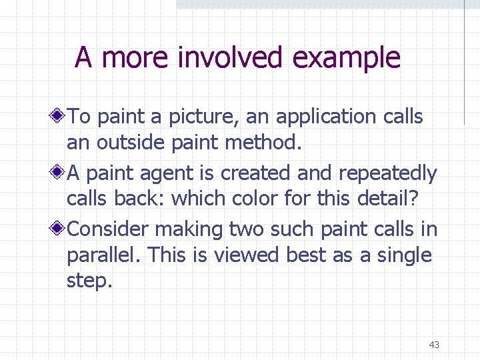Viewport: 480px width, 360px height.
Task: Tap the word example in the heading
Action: point(346,58)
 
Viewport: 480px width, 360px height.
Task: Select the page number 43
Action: point(434,345)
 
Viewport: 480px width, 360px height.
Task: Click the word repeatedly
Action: point(387,174)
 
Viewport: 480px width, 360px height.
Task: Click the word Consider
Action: point(108,229)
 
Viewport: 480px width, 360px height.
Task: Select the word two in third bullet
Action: point(248,229)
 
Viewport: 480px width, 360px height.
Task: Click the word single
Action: point(401,255)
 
